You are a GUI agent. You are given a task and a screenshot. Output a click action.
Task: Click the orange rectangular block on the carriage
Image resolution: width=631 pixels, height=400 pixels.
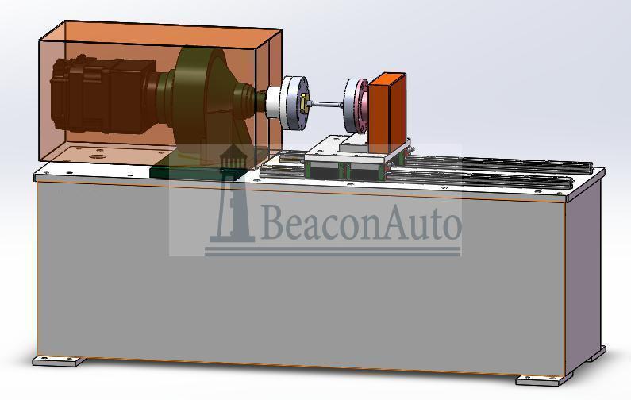coord(387,113)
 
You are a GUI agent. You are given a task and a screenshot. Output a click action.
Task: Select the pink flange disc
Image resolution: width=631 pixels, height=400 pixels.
coord(356,106)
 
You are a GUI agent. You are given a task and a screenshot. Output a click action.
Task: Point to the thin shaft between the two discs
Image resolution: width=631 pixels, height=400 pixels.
coord(326,105)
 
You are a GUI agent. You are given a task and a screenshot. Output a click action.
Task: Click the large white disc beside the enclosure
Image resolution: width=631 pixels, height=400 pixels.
coord(294,103)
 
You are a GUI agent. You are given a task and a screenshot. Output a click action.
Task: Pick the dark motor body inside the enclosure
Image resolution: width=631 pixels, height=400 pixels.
coord(102,94)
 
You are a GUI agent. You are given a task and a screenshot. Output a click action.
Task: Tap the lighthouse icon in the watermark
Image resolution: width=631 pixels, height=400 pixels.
coord(232,194)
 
